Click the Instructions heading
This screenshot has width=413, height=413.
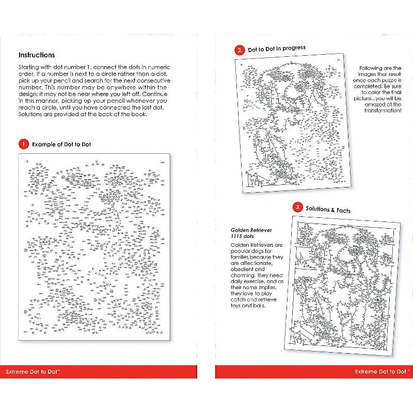(37, 55)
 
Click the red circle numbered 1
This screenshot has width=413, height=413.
(23, 144)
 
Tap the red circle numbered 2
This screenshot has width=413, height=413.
(239, 50)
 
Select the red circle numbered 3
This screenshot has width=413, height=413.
(297, 208)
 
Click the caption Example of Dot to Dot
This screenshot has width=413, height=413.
(61, 145)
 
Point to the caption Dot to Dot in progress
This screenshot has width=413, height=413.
(277, 49)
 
